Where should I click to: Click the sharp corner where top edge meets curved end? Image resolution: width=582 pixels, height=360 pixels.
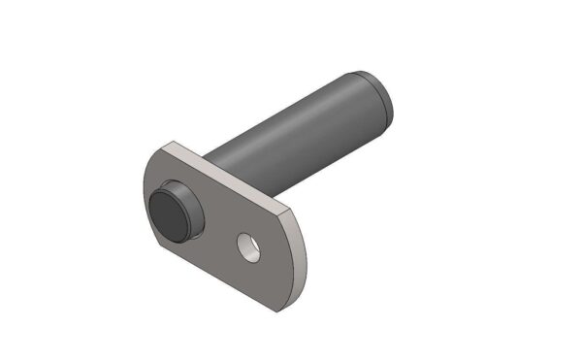pyautogui.click(x=293, y=210)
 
